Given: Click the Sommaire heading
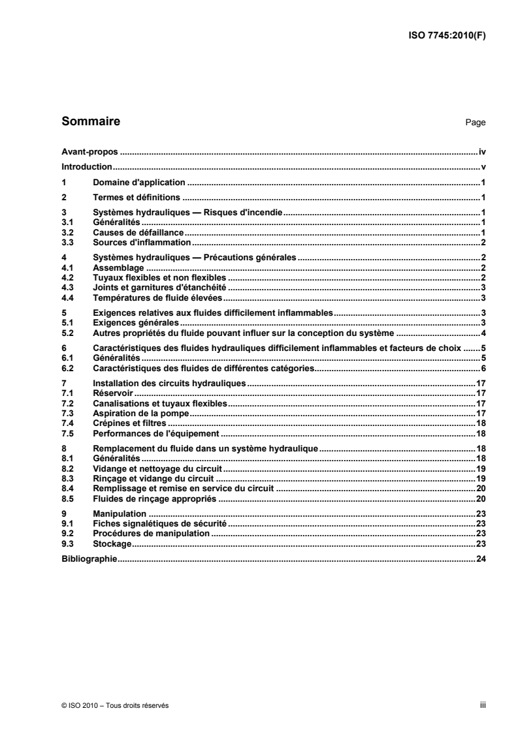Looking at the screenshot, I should click(x=90, y=121).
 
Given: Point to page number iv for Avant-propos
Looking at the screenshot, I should click(x=482, y=151).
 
